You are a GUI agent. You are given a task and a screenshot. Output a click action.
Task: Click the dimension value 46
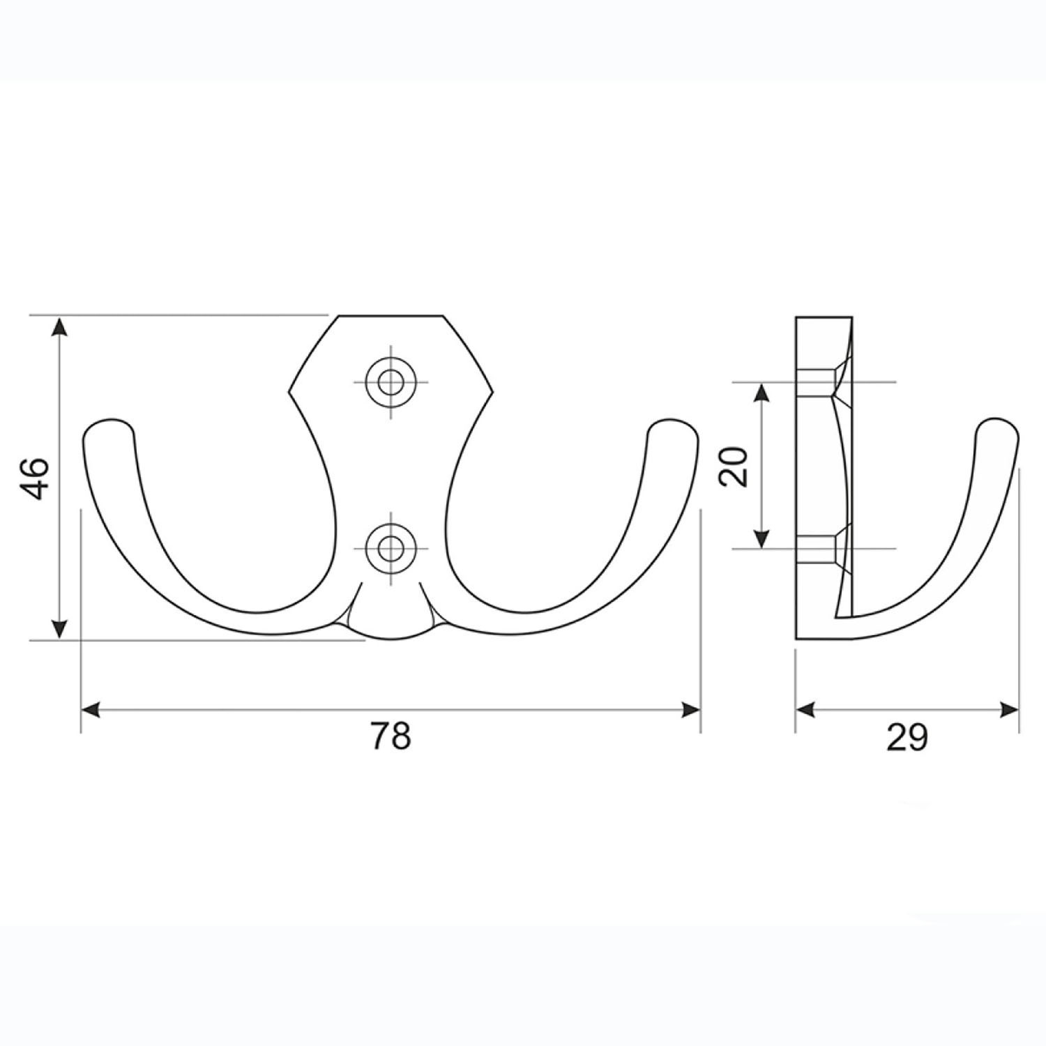[x=35, y=478]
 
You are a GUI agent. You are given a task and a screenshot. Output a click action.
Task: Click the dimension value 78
[x=391, y=735]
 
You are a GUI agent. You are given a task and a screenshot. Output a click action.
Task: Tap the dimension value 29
[x=907, y=736]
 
